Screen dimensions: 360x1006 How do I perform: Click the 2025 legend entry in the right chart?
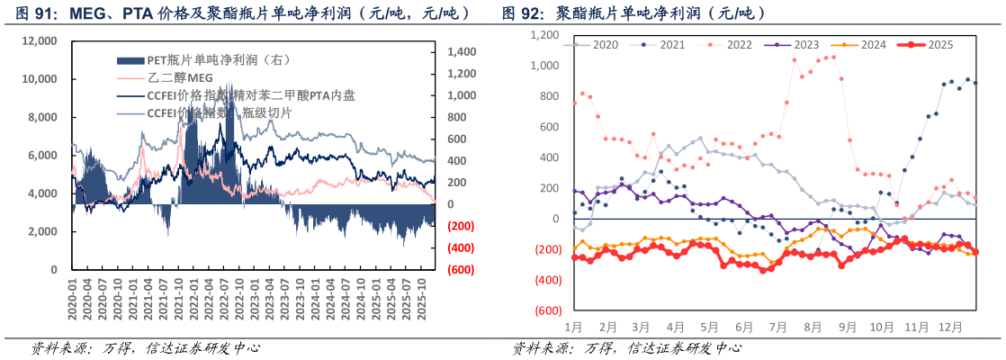click(x=939, y=44)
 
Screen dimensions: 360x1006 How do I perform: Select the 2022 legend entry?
click(x=739, y=44)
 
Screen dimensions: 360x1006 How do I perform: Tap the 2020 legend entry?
click(x=605, y=44)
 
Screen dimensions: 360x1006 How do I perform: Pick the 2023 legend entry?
click(x=805, y=44)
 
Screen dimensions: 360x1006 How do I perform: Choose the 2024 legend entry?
click(x=873, y=44)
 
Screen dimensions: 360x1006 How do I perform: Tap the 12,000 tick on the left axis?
click(x=40, y=40)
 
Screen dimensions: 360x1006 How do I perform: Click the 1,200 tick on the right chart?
click(x=545, y=35)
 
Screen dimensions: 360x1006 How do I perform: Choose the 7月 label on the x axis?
click(x=779, y=327)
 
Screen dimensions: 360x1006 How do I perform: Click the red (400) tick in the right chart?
click(x=546, y=280)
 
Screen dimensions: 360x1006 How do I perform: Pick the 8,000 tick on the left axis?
click(x=43, y=117)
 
